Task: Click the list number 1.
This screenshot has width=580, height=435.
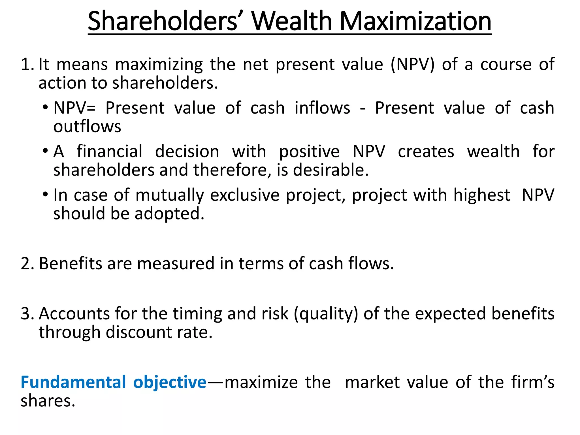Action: point(27,65)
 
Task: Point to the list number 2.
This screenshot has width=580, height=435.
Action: point(27,264)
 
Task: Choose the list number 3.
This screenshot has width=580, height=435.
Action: point(27,314)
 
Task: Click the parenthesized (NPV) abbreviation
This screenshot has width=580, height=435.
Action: point(412,65)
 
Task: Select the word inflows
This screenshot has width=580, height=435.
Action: point(322,108)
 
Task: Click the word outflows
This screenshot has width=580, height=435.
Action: point(87,127)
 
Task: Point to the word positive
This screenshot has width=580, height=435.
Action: point(309,152)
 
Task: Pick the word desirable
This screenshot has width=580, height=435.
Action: point(331,170)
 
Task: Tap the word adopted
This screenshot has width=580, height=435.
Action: point(169,214)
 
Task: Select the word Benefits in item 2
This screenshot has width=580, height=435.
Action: point(70,264)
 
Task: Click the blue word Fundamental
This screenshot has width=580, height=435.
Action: point(73,382)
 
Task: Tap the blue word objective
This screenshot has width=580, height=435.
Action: point(170,382)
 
